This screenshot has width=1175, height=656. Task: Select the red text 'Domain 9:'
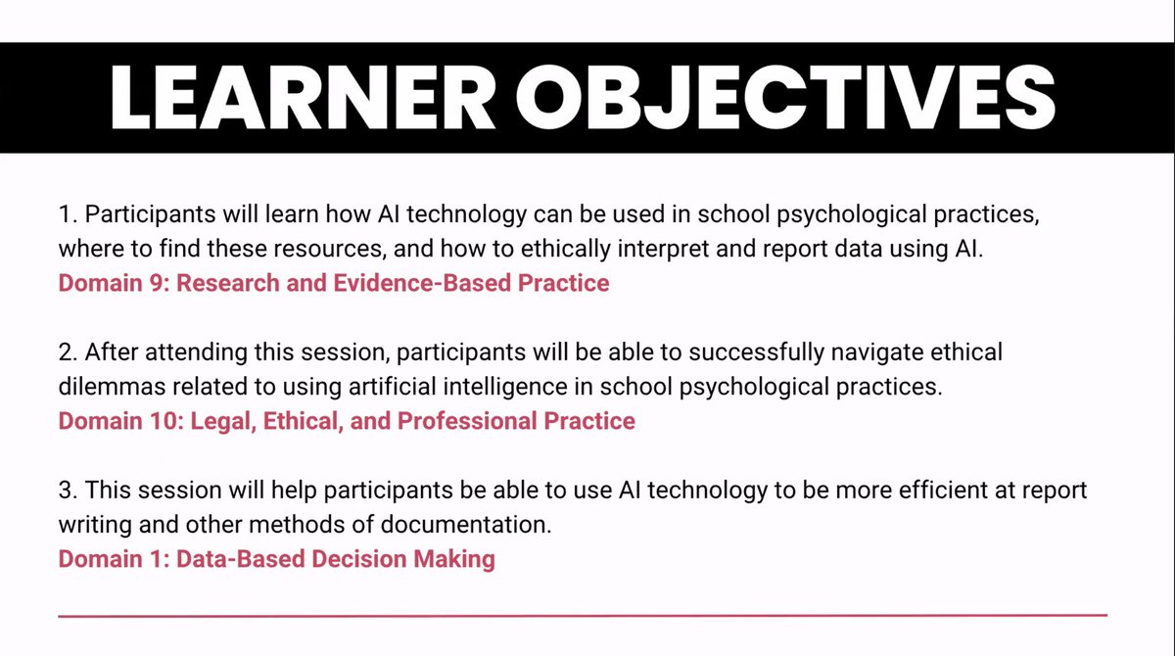pos(114,283)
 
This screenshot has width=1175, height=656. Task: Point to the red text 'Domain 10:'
pos(119,421)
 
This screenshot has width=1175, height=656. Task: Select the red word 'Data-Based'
pos(233,559)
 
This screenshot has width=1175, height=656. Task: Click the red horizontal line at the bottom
pos(583,615)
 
